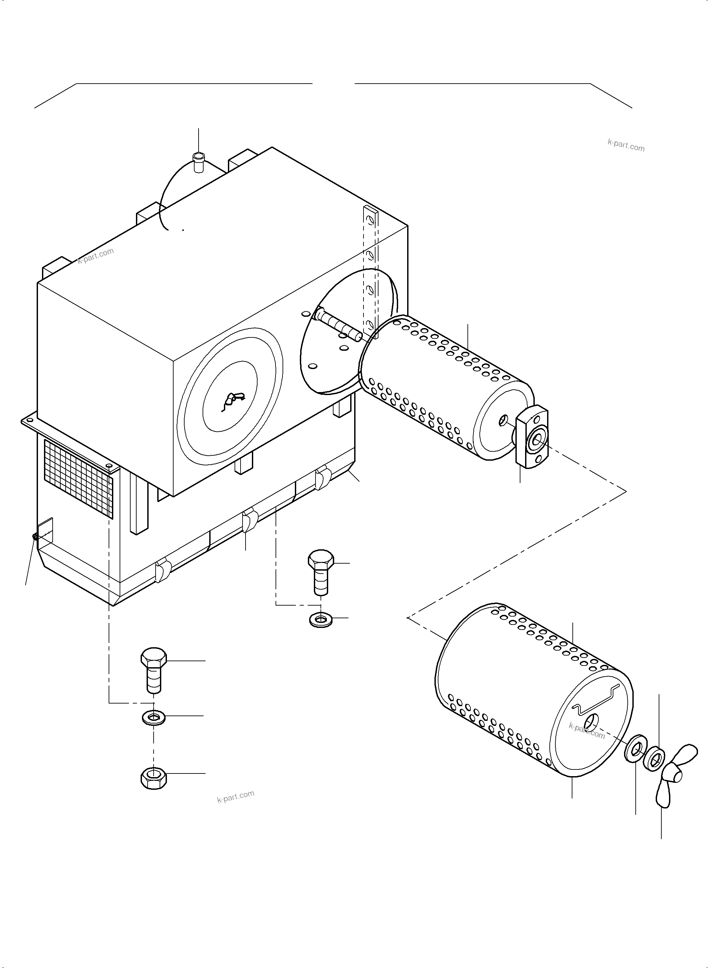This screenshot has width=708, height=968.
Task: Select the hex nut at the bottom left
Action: coord(154,778)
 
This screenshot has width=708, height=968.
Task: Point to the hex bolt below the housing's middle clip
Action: coord(321,572)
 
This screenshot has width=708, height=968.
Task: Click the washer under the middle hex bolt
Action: coord(321,620)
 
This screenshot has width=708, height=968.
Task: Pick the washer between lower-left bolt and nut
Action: coord(154,717)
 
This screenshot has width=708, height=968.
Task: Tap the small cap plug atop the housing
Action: coord(199,162)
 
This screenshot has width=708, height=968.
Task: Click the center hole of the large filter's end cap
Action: coord(592,723)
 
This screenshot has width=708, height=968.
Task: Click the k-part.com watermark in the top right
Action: coord(626,146)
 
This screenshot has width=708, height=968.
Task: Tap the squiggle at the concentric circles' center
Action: coord(232,401)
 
